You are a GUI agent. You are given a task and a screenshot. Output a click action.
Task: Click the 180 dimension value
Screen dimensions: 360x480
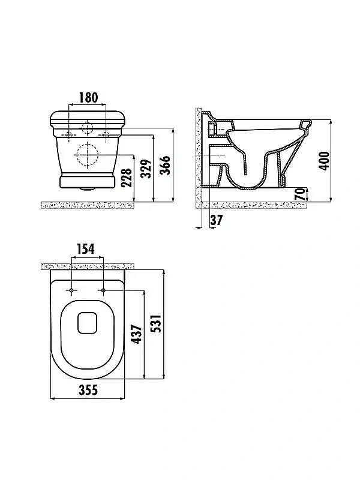[x=89, y=97]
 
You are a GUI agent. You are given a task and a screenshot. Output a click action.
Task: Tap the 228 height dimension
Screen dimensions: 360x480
[x=126, y=177]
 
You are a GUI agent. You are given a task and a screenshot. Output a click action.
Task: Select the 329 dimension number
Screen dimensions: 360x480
[x=147, y=169]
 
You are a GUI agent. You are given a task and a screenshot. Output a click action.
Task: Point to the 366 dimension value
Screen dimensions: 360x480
[x=166, y=165]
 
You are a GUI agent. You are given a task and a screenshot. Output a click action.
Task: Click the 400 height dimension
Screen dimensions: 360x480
[x=324, y=160]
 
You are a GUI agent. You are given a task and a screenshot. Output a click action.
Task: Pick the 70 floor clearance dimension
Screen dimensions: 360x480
[x=301, y=194]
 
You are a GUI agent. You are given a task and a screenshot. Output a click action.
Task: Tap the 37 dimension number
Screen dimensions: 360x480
[x=217, y=220]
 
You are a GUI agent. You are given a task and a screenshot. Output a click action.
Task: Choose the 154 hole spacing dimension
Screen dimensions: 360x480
[x=85, y=249]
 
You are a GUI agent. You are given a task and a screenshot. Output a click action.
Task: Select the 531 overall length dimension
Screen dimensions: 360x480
[x=157, y=323]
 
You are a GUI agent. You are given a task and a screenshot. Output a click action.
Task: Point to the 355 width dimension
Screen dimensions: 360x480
[x=88, y=390]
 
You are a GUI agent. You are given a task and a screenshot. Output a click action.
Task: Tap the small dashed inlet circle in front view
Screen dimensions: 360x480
[x=87, y=128]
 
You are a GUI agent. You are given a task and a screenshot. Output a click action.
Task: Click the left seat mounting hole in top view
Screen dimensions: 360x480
[x=71, y=290]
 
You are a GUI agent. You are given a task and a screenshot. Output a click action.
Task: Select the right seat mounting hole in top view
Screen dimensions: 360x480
[x=103, y=290]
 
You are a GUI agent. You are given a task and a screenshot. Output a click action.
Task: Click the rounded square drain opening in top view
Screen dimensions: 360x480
[x=88, y=323]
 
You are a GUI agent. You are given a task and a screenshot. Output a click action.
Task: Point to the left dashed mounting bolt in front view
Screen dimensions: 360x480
[x=69, y=134]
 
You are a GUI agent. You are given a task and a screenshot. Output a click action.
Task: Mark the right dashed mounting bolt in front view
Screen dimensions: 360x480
[x=106, y=134]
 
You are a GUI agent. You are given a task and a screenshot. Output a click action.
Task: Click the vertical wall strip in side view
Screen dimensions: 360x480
[x=199, y=158]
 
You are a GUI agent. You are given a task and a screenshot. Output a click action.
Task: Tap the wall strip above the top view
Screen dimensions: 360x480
[x=88, y=266]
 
